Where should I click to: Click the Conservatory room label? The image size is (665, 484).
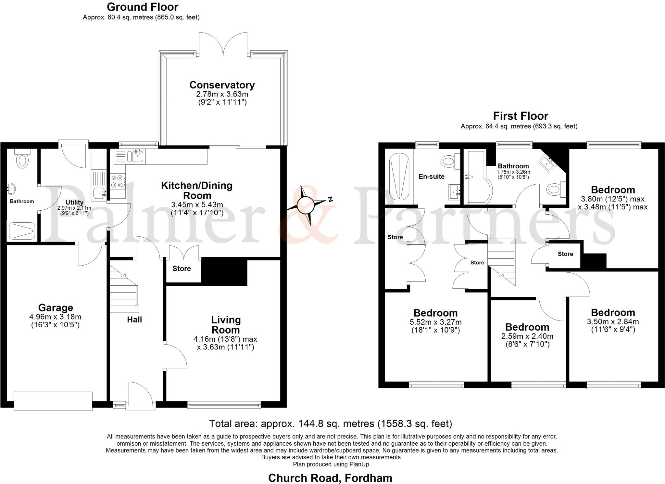222,85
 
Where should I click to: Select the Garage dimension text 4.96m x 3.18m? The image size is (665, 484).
55,317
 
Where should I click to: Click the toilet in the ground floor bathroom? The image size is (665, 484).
22,160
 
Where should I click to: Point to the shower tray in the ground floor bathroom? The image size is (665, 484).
22,230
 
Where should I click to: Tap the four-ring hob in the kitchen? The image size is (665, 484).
117,181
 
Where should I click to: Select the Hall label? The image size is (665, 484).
134,320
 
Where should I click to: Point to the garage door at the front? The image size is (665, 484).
53,401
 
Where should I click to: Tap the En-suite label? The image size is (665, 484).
432,177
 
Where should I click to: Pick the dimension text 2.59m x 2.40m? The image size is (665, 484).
527,336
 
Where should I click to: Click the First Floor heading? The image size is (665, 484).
521,116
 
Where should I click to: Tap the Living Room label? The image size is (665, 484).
226,325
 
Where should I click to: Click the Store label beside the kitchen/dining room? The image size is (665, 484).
182,268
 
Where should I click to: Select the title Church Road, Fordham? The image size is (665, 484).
330,478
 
